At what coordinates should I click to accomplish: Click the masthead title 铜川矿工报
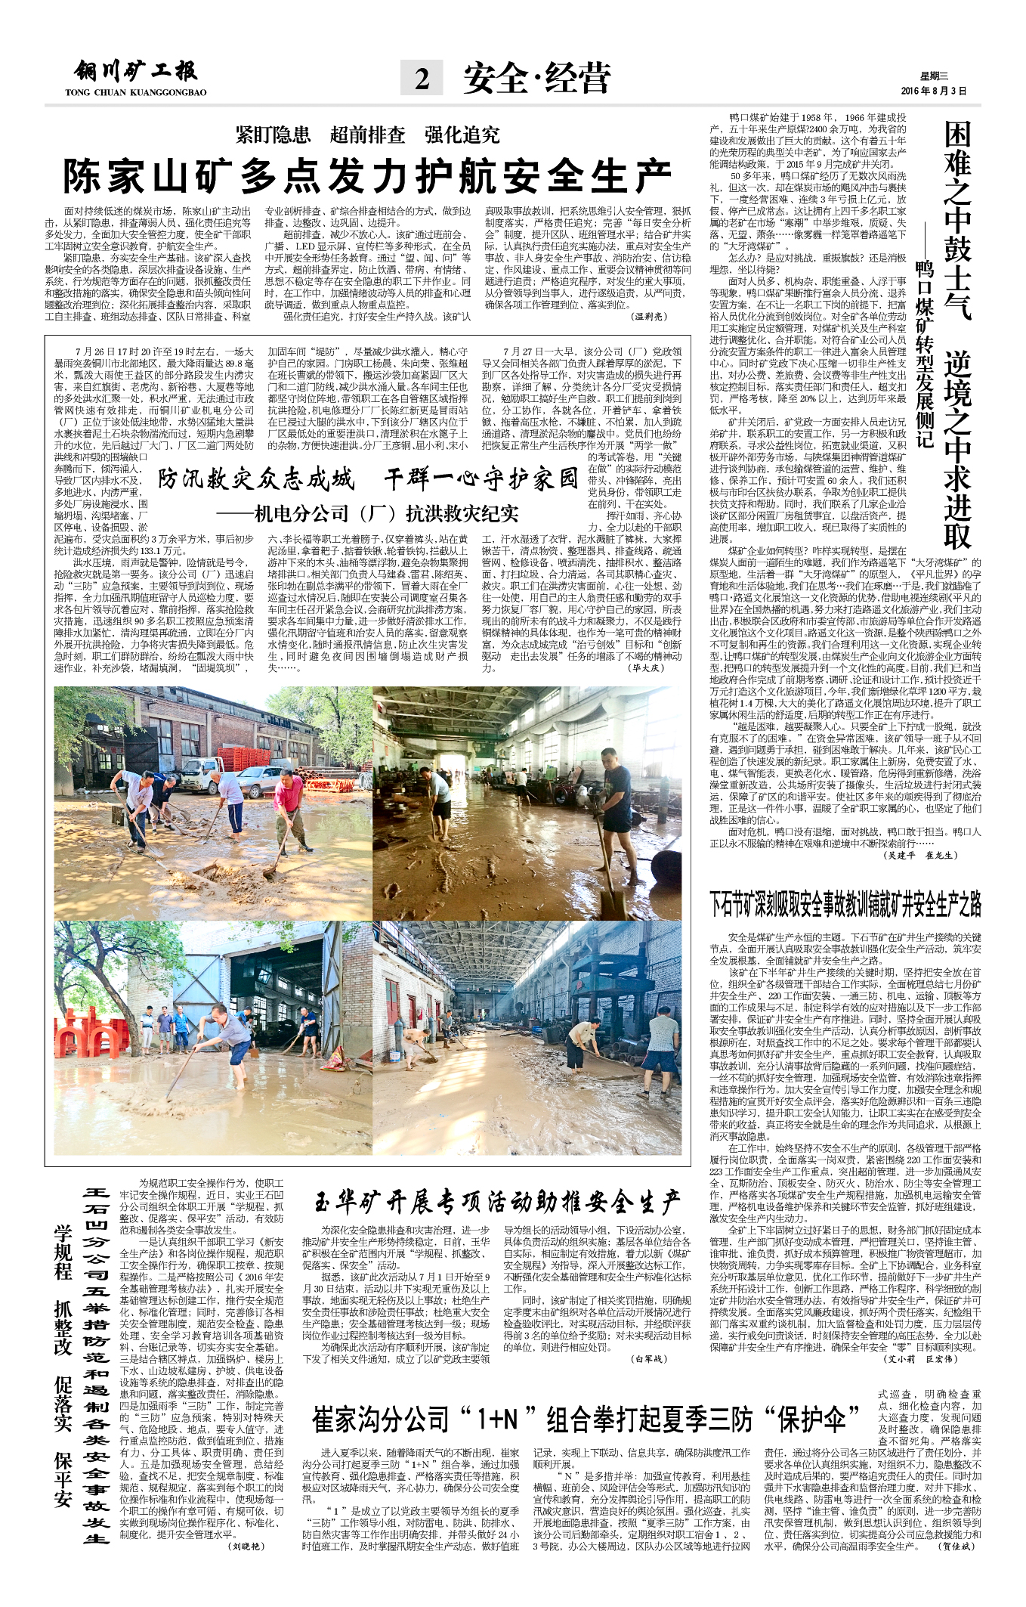(x=136, y=72)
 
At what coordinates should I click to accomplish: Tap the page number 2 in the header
(x=422, y=79)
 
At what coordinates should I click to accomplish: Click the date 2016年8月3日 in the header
(x=933, y=91)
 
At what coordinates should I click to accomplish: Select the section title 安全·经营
(x=536, y=79)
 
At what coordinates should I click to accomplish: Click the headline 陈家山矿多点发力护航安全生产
(x=367, y=177)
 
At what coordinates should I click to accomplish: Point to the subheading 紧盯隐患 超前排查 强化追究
(x=367, y=135)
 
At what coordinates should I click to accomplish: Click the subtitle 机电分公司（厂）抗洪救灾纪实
(x=367, y=514)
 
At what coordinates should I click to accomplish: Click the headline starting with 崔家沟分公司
(x=586, y=1419)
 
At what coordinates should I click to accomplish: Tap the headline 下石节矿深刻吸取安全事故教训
(x=845, y=903)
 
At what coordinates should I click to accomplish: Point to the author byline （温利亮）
(x=648, y=317)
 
